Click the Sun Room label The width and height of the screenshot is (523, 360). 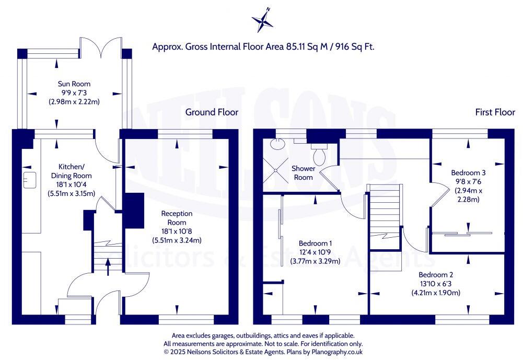pyautogui.click(x=74, y=84)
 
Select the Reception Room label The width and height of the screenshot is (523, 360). pyautogui.click(x=177, y=217)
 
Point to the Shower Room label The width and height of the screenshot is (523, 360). pyautogui.click(x=303, y=173)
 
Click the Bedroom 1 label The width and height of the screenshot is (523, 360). pyautogui.click(x=315, y=243)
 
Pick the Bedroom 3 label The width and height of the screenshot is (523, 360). pyautogui.click(x=469, y=172)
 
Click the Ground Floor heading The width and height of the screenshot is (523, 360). pyautogui.click(x=212, y=112)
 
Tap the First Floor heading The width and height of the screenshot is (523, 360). pyautogui.click(x=494, y=112)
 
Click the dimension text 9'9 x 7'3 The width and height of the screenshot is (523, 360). pyautogui.click(x=74, y=92)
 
